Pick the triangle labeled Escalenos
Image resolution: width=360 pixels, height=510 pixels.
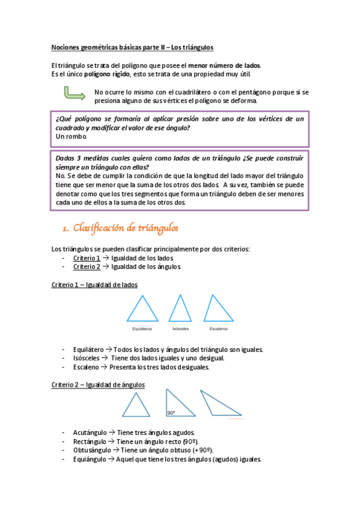[x=218, y=310]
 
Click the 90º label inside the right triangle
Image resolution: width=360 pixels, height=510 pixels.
[x=171, y=413]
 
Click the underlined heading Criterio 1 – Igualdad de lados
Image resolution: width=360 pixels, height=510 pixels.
[x=94, y=284]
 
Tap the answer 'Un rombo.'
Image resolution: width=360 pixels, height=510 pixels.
[x=71, y=137]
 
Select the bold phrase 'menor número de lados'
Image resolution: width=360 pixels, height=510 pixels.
[x=224, y=65]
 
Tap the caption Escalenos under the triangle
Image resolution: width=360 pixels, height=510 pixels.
[x=218, y=330]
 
